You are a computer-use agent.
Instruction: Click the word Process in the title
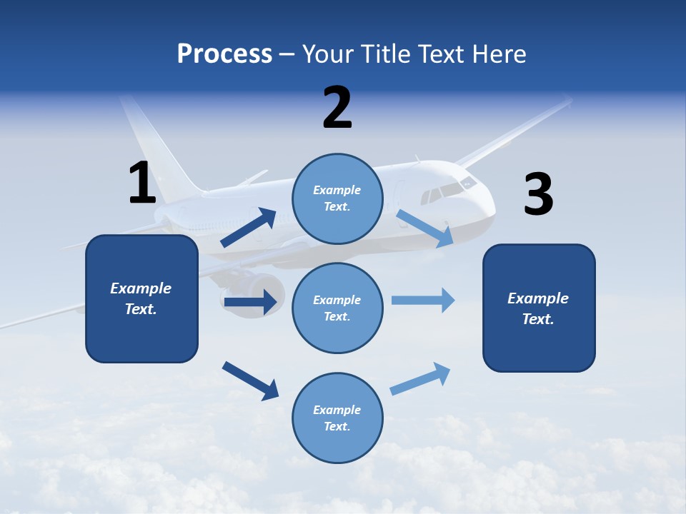coord(224,54)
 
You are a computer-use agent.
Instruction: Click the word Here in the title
coord(499,54)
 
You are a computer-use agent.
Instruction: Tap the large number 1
coord(143,182)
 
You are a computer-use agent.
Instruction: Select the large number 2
coord(337,107)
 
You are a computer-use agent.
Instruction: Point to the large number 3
coord(539,193)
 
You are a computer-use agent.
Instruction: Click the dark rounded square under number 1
coord(141,298)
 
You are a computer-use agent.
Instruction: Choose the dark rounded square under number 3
coord(539,308)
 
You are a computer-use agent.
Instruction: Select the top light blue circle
coord(337,199)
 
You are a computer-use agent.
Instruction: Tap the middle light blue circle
coord(337,308)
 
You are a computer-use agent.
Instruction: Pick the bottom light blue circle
coord(337,418)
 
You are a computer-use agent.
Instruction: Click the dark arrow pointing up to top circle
coord(249,227)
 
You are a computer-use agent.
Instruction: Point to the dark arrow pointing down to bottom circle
coord(250,381)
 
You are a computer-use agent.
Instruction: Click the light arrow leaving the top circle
coord(424,228)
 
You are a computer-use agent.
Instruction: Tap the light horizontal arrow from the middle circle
coord(423,301)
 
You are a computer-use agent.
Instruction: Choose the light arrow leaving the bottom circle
coord(420,379)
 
